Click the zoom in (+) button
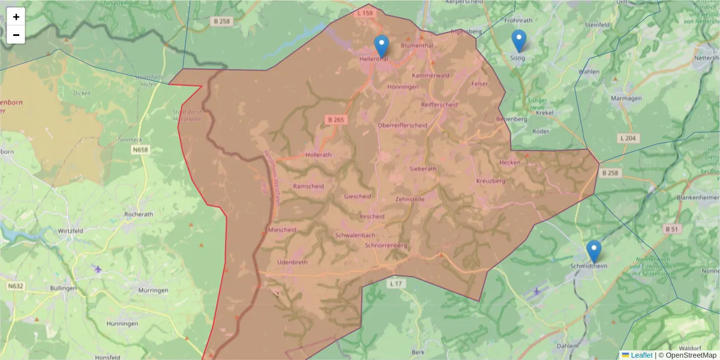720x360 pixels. point(16,17)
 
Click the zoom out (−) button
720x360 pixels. point(16,35)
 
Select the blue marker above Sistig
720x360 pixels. point(519,41)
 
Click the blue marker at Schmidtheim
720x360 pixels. point(593,251)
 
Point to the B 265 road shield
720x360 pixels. point(336,120)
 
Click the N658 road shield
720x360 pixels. point(142,149)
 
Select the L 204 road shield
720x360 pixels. point(628,139)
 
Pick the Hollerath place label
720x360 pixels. point(319,155)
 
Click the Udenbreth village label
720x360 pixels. point(292,263)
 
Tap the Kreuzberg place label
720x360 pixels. point(490,181)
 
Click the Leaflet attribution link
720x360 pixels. point(641,355)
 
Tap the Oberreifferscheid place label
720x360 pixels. point(402,125)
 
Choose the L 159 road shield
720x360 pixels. point(364,13)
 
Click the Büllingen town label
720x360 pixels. point(63,289)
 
